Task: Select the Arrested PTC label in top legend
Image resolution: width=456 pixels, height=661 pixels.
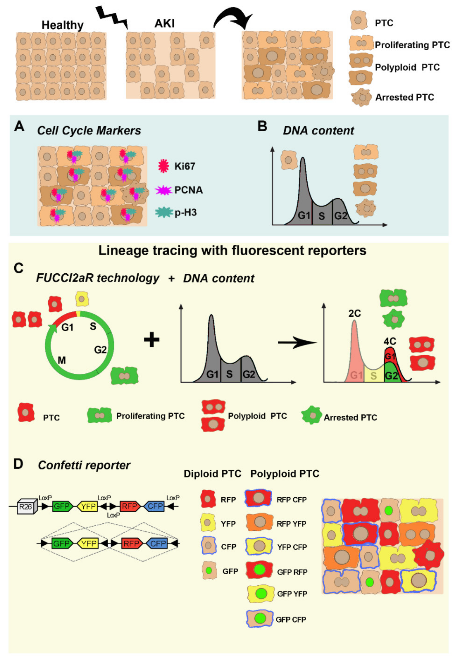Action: pyautogui.click(x=404, y=97)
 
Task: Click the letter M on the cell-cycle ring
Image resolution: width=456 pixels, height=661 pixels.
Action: pyautogui.click(x=62, y=360)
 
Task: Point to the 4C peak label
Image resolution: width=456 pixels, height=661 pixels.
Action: pyautogui.click(x=390, y=341)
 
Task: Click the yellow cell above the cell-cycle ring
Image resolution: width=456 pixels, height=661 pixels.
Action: pyautogui.click(x=82, y=299)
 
